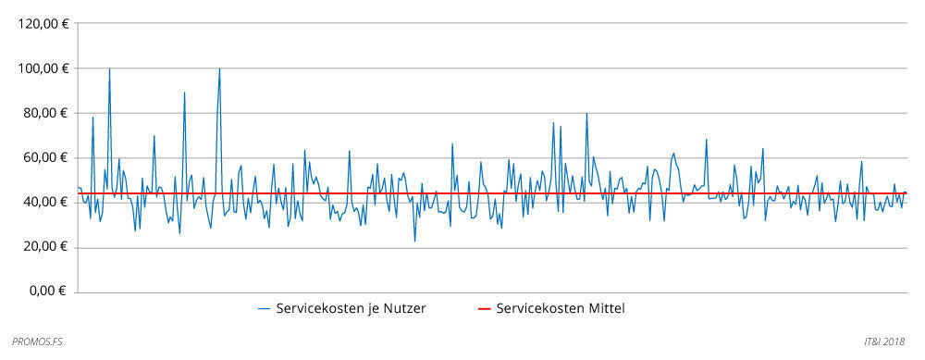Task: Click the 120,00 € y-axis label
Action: click(x=41, y=24)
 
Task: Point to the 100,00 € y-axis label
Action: click(x=41, y=68)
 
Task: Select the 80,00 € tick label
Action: click(x=43, y=113)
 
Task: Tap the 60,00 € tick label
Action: click(x=43, y=157)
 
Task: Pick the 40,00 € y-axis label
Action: click(x=43, y=202)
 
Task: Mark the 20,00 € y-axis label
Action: click(x=43, y=246)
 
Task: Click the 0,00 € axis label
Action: click(x=47, y=291)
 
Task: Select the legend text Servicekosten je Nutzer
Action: click(x=351, y=308)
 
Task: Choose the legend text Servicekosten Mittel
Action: click(x=561, y=308)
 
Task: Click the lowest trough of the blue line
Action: click(x=414, y=241)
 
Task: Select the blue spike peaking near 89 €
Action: click(x=184, y=93)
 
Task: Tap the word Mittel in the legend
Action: click(x=606, y=308)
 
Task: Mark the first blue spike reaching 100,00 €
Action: click(x=109, y=69)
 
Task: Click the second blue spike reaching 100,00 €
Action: click(x=219, y=69)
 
